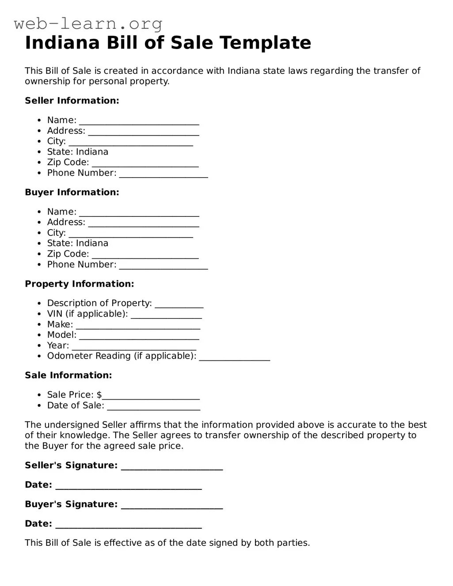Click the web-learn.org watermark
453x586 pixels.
(88, 23)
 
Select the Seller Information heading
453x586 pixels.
(72, 101)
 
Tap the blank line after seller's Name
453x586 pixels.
(139, 123)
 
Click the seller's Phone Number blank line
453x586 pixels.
(164, 176)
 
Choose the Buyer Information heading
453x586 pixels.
(72, 193)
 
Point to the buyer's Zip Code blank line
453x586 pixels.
(145, 257)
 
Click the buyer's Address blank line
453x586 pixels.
(144, 225)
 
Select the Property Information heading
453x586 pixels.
(80, 284)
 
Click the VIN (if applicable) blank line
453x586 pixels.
(167, 317)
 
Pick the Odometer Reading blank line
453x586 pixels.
(234, 359)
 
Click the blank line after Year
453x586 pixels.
(134, 348)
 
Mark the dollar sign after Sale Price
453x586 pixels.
(99, 395)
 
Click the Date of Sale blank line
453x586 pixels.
(153, 408)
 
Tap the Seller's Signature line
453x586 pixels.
(172, 469)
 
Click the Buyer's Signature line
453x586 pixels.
(172, 507)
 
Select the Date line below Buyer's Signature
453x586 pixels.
(129, 527)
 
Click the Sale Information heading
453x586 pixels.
(69, 375)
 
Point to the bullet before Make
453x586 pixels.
(39, 325)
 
